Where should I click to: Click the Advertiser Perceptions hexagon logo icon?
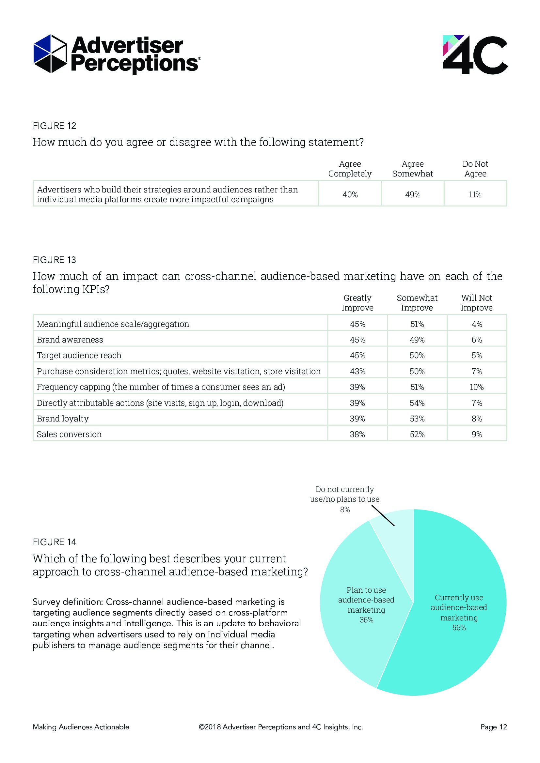coord(50,53)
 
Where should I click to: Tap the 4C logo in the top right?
coord(475,54)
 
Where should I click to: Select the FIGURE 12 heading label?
coord(55,126)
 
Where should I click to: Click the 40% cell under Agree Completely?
coord(350,195)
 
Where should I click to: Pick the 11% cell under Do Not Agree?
coord(475,195)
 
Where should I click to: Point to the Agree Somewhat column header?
coord(413,169)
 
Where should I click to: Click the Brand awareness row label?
coord(70,340)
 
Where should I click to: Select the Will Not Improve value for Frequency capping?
coord(476,387)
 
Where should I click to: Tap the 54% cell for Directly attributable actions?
coord(417,403)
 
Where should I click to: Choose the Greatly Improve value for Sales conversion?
coord(357,434)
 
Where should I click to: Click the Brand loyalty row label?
coord(63,419)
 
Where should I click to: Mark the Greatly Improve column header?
coord(357,303)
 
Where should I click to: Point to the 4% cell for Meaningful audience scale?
coord(476,324)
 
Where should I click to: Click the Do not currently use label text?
coord(345,499)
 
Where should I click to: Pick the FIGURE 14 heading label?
coord(55,542)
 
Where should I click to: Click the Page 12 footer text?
coord(493,727)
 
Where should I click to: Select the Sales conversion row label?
coord(69,434)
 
